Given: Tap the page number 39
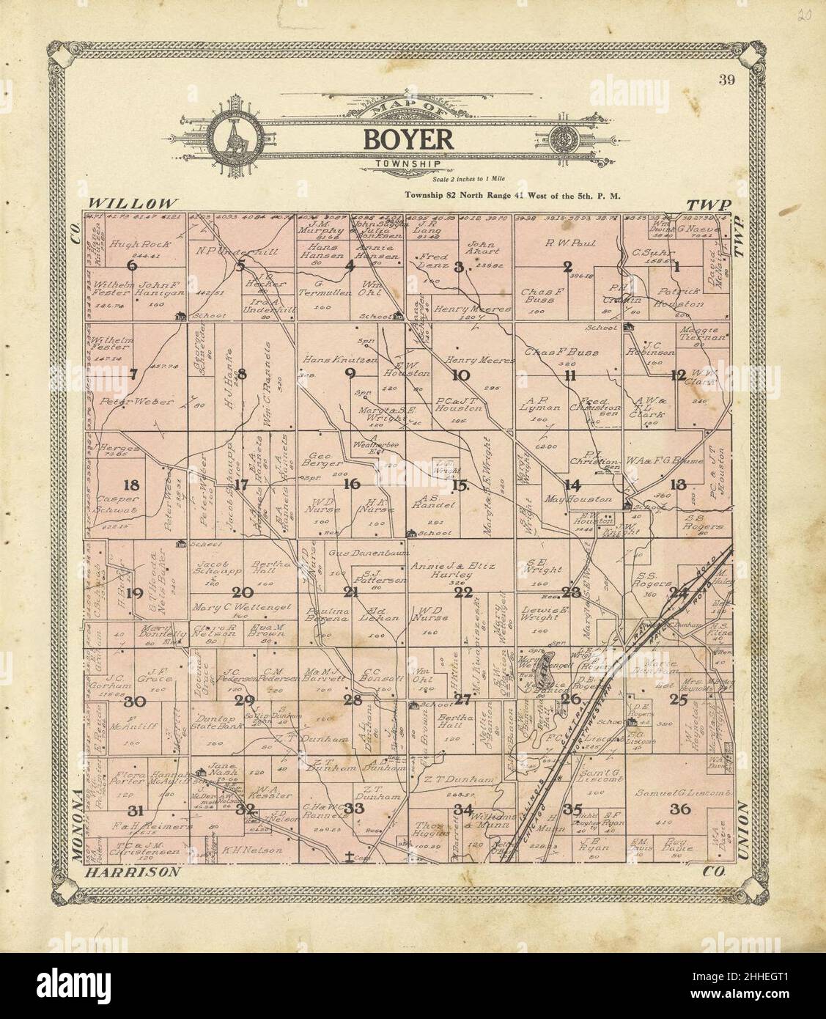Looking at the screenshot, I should [726, 81].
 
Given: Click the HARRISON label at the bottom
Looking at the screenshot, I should [133, 872].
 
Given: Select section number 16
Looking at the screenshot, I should [352, 484].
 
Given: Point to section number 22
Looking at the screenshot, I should [462, 592].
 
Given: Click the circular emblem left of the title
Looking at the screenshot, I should [233, 138].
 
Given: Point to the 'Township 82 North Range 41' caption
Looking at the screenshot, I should [513, 196].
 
